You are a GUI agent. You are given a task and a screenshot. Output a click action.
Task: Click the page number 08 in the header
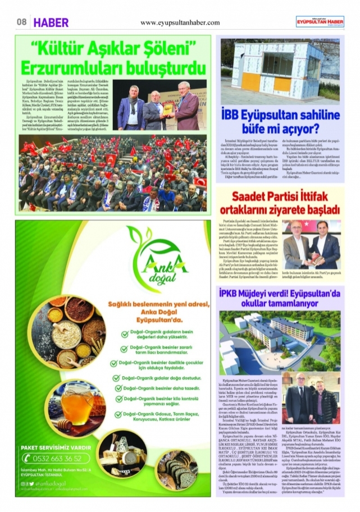[x=22, y=22]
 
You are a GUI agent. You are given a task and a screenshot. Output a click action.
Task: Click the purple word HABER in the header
[x=51, y=22]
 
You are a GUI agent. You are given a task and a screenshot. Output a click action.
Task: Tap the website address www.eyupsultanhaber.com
[x=180, y=22]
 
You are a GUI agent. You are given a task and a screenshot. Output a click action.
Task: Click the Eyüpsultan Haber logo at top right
[x=321, y=21]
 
